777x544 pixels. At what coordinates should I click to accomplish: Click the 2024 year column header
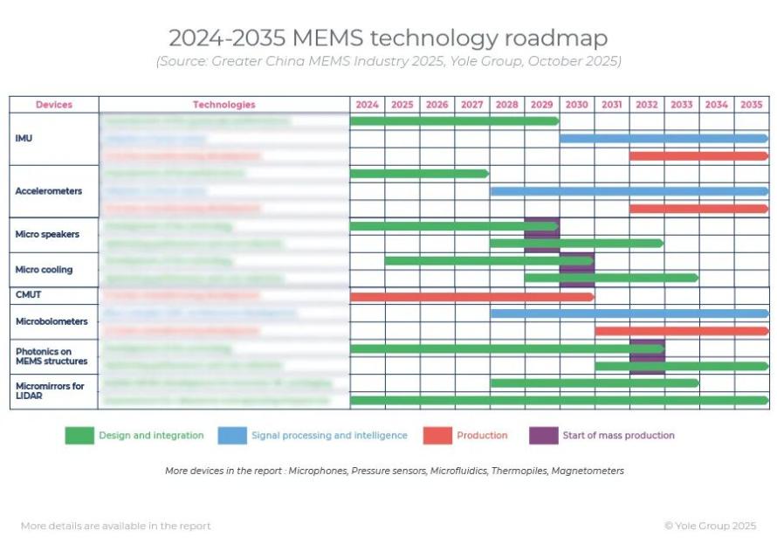368,105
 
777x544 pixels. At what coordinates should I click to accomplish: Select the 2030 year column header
576,105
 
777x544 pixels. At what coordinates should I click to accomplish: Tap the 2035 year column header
751,105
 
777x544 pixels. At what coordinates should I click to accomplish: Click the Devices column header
54,105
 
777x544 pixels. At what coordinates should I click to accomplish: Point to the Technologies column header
224,105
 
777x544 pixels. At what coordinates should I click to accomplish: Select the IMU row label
24,139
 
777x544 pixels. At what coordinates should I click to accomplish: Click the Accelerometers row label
47,191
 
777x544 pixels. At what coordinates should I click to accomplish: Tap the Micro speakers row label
47,234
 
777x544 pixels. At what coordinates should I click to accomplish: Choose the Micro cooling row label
44,269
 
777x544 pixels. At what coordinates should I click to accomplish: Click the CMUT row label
29,295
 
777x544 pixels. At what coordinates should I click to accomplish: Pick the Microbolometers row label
52,321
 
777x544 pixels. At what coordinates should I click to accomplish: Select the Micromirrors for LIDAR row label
50,391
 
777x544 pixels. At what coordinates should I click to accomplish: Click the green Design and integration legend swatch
79,436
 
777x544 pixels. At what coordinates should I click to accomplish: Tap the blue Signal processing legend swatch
231,436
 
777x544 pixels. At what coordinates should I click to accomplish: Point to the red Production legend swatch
437,436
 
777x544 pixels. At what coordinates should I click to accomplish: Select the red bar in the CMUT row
471,296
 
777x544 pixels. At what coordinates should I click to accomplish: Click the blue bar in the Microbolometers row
629,313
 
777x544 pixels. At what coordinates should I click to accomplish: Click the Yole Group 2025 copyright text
710,526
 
